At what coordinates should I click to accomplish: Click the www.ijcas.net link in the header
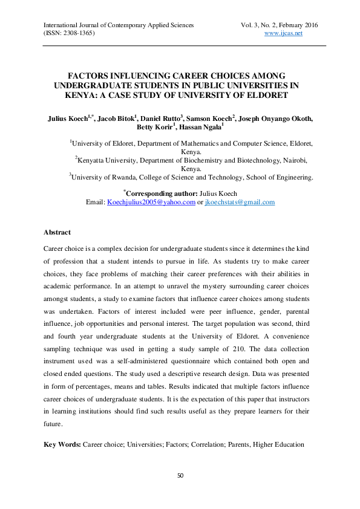pos(284,33)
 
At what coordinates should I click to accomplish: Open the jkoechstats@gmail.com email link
pos(240,202)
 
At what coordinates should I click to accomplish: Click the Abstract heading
pos(57,232)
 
